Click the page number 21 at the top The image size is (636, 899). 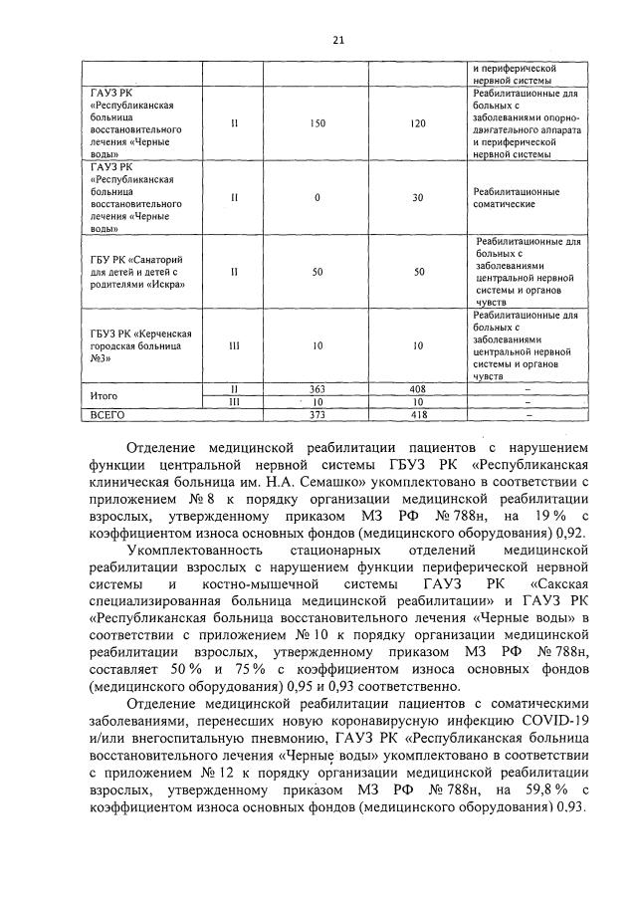338,40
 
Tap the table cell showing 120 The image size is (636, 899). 418,124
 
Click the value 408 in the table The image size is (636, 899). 418,390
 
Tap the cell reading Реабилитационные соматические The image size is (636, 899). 516,197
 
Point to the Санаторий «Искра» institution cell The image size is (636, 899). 139,271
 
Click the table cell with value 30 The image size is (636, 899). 418,197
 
